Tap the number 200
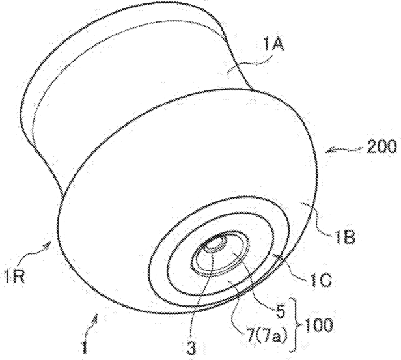pos(381,147)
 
